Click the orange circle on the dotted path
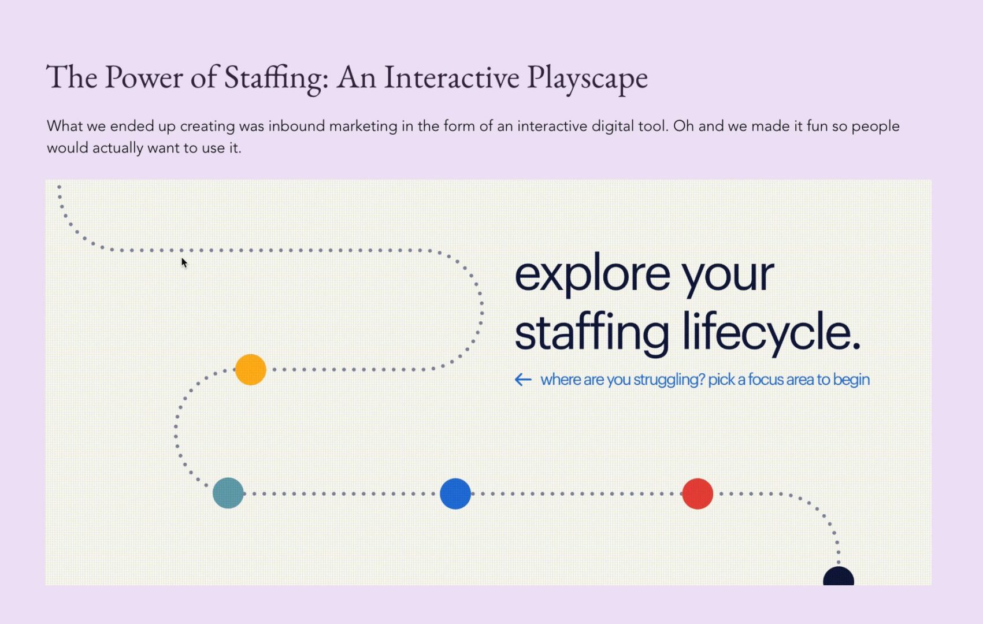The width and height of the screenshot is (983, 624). click(x=251, y=369)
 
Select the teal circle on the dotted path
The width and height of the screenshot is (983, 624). click(x=228, y=493)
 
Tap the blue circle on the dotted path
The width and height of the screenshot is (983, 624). click(x=455, y=493)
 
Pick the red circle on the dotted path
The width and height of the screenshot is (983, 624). click(x=698, y=493)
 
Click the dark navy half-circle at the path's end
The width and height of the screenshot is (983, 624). click(x=839, y=576)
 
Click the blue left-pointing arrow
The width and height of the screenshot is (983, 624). click(x=523, y=380)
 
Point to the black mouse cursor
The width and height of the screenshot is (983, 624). click(x=184, y=263)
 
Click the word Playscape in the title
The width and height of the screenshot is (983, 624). click(x=587, y=78)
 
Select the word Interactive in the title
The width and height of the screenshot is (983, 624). click(x=451, y=77)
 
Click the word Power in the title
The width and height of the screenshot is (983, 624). click(x=143, y=77)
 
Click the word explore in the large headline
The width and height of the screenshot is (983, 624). click(x=592, y=275)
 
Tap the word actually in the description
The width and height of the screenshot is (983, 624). click(x=118, y=148)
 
